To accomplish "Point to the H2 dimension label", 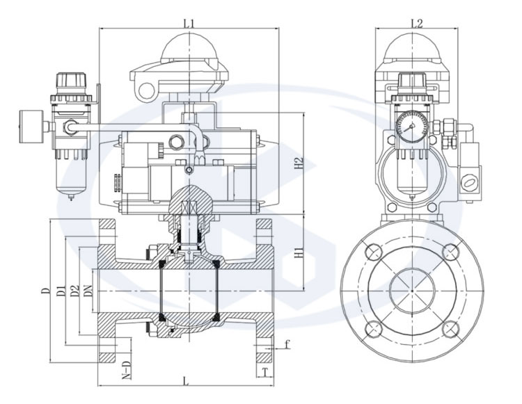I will tap(299, 164).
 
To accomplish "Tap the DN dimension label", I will tap(88, 290).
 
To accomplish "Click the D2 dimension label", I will tap(75, 290).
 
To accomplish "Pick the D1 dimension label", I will tap(62, 290).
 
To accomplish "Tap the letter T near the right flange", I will tap(267, 372).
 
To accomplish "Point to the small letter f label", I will tap(287, 344).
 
